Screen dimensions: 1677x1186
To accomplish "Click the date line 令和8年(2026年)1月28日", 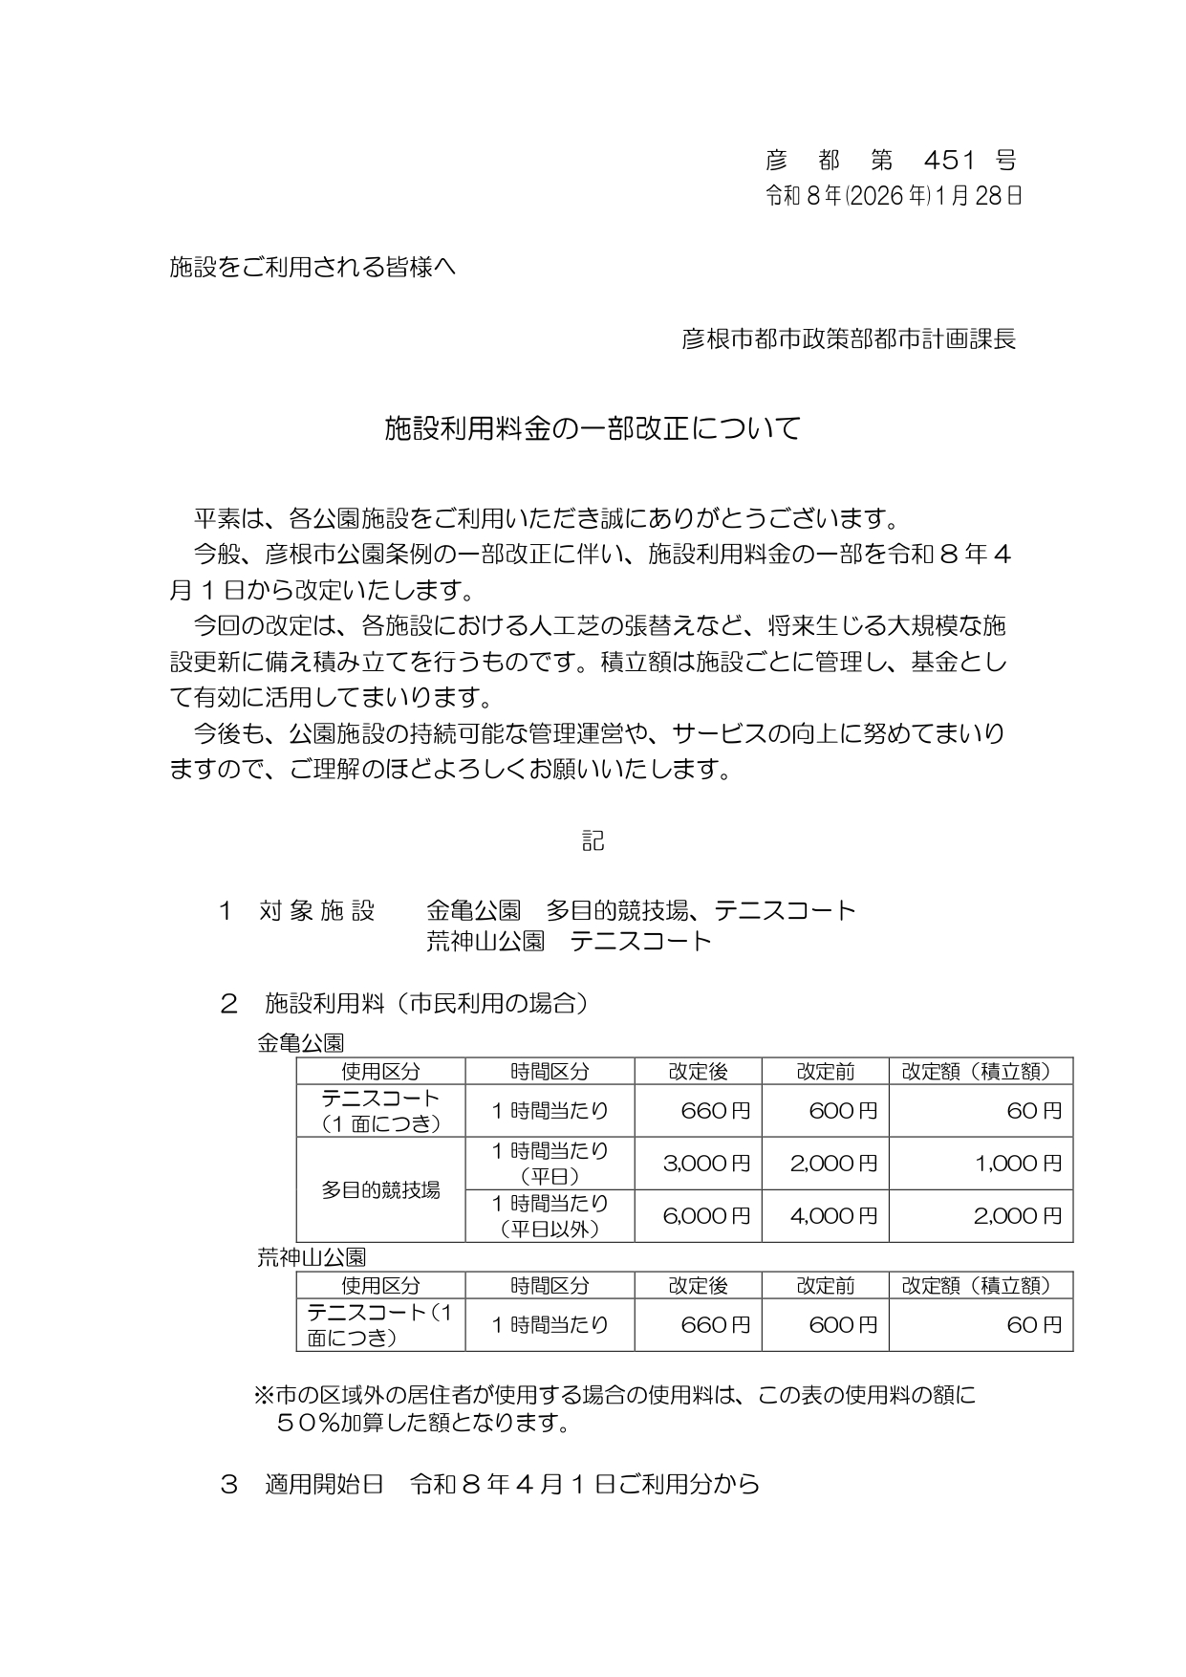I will pyautogui.click(x=893, y=196).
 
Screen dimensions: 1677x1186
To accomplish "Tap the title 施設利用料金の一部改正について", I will pyautogui.click(x=592, y=428).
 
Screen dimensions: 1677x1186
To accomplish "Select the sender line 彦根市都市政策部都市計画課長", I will pyautogui.click(x=848, y=338).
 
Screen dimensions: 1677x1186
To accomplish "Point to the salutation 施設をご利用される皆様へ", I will pyautogui.click(x=313, y=267).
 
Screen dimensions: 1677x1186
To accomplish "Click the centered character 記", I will pyautogui.click(x=593, y=840).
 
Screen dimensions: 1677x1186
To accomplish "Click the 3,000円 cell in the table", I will pyautogui.click(x=706, y=1164).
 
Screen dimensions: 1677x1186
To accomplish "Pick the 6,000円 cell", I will pyautogui.click(x=706, y=1216).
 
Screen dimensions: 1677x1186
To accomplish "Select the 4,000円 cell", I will pyautogui.click(x=833, y=1216).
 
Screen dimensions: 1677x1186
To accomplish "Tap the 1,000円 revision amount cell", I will pyautogui.click(x=1019, y=1164).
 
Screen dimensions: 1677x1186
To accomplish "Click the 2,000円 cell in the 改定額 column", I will pyautogui.click(x=1019, y=1216).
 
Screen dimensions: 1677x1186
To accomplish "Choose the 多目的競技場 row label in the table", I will pyautogui.click(x=380, y=1190).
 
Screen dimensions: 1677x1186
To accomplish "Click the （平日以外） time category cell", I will pyautogui.click(x=550, y=1229).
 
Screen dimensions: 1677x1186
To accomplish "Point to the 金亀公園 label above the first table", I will pyautogui.click(x=300, y=1043).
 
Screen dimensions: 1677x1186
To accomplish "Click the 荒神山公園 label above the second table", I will pyautogui.click(x=312, y=1257).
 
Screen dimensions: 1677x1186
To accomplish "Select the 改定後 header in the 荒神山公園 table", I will pyautogui.click(x=698, y=1286).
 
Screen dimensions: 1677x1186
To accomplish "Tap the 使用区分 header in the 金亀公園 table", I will pyautogui.click(x=380, y=1072).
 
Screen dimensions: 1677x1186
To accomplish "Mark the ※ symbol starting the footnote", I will pyautogui.click(x=263, y=1396).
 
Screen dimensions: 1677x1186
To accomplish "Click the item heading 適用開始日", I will pyautogui.click(x=324, y=1484).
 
